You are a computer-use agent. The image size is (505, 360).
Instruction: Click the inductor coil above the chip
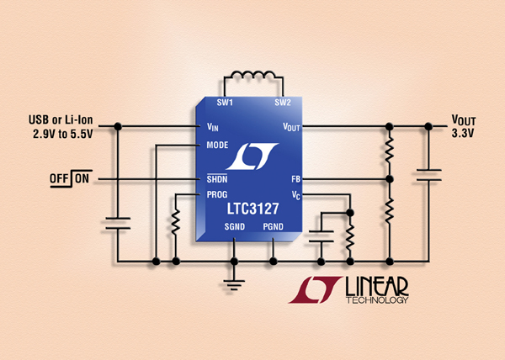253,76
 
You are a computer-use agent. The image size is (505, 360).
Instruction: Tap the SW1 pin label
225,103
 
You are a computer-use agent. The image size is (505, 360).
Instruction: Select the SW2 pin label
283,103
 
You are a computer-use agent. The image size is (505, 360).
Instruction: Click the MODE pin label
217,146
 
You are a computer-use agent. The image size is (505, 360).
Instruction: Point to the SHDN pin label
217,179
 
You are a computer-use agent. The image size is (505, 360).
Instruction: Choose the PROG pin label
217,194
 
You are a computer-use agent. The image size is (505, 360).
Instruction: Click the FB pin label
295,179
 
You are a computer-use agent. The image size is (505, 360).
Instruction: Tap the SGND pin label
235,227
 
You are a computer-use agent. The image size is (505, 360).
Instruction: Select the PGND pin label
273,227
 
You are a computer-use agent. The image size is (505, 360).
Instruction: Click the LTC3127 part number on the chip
252,209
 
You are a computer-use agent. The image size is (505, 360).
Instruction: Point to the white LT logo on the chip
252,156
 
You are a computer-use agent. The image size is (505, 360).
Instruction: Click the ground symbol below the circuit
234,285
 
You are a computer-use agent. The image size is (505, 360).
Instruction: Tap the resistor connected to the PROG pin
176,221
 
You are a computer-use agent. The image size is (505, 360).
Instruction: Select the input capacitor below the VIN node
118,224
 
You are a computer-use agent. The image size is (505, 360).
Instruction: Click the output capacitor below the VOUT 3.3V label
428,175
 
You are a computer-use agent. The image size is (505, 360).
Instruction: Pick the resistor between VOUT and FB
390,149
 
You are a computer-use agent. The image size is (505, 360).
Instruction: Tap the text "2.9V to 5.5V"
63,134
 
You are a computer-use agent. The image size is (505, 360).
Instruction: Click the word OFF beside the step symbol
59,178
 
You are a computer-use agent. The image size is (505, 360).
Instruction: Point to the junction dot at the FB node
390,179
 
